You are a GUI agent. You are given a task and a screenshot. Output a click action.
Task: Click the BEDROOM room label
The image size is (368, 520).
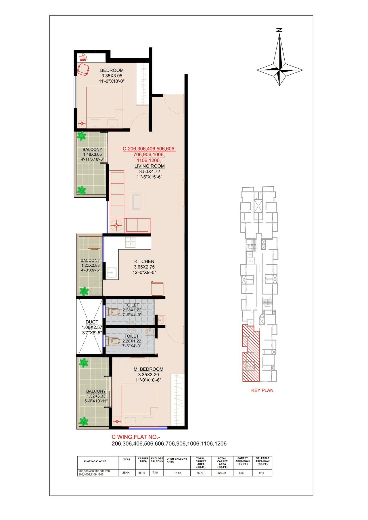point(112,70)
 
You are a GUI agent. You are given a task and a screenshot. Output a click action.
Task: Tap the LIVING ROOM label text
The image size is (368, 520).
point(149,166)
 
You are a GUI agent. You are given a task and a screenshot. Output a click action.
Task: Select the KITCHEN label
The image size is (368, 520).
point(144,261)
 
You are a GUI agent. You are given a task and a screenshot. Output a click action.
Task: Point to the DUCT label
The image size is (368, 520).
point(92,322)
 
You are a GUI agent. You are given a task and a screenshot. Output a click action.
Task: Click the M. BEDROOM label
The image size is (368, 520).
point(148,369)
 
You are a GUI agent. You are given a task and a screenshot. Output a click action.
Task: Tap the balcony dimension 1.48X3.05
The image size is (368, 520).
point(92,155)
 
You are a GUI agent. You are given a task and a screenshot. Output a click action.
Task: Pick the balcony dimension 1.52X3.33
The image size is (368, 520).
point(96,396)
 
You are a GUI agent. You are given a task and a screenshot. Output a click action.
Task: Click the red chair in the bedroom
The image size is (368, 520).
point(83,70)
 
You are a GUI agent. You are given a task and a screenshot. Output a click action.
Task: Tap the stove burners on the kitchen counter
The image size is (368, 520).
point(131,242)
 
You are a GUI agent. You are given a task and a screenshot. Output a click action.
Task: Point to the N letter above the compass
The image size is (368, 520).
point(279,30)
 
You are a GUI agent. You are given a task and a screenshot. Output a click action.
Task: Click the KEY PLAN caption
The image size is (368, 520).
point(262,390)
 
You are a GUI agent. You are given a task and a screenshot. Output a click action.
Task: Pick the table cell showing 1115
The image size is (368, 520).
point(261,473)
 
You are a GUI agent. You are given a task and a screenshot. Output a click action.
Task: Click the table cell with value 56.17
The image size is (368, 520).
point(142,473)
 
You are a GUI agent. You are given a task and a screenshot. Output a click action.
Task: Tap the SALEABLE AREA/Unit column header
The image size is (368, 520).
point(262,461)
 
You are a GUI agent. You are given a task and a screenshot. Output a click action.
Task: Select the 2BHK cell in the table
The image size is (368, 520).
point(126,473)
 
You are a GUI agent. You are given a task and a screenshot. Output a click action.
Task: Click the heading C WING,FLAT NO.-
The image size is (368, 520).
point(136,437)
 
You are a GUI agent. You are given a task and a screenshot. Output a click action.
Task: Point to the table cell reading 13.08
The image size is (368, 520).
point(177,473)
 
